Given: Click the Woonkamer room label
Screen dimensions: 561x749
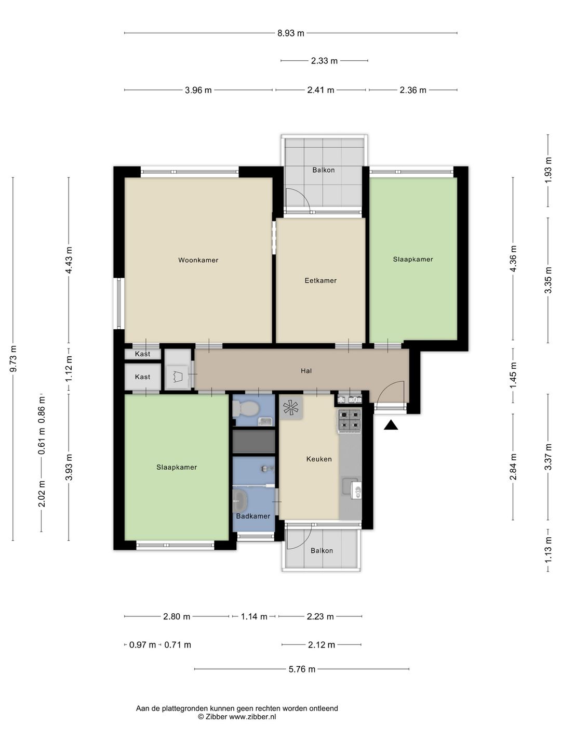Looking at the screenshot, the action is pos(198,260).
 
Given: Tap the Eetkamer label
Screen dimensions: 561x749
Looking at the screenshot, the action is pos(320,280).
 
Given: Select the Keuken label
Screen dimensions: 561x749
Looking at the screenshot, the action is pos(319,459).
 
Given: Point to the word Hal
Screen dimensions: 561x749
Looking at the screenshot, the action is pos(306,370).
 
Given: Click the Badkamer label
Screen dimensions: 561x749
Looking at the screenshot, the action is pos(253,516).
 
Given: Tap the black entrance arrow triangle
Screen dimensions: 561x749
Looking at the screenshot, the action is pos(391,425).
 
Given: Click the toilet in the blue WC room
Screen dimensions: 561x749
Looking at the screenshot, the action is pos(246,408).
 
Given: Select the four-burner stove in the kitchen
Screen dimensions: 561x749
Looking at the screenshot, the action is pos(349,420).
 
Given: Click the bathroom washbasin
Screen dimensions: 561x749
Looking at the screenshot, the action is pos(240,500).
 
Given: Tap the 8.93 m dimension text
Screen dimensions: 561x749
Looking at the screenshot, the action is pos(290,33).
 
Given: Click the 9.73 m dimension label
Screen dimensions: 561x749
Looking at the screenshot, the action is pos(13,358).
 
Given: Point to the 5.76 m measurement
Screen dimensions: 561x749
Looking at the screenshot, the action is pos(302,669).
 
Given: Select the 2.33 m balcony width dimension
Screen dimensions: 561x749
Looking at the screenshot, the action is pos(324,61).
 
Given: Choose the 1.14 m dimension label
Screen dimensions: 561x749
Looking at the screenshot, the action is pos(254,616).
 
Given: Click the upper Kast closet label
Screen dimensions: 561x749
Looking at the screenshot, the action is pos(142,354).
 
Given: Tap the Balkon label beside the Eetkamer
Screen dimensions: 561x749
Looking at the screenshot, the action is pos(323,170).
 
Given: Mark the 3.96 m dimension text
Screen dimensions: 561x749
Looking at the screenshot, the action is pos(198,90).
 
